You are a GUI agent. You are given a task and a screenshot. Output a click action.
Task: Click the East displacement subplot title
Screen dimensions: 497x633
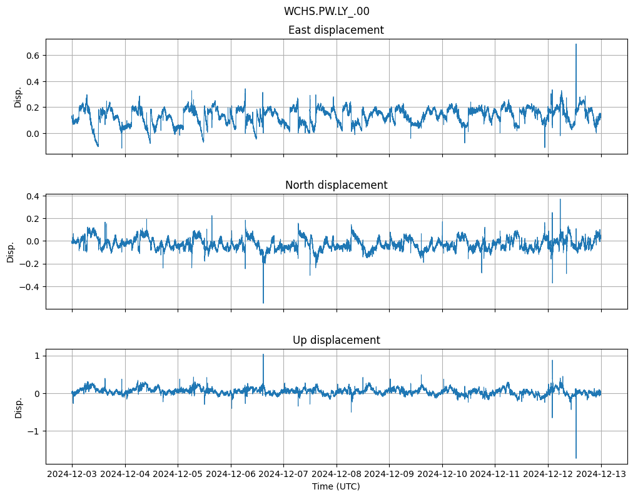click(336, 30)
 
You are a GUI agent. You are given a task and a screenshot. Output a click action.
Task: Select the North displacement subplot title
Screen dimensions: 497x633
click(336, 185)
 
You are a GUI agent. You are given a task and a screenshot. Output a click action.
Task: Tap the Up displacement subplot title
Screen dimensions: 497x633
click(336, 340)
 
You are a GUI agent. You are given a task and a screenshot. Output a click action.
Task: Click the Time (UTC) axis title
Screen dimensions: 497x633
click(336, 486)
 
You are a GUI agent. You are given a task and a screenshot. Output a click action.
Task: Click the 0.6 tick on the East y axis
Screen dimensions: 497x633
click(33, 56)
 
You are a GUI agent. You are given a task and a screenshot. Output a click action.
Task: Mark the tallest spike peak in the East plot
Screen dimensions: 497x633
click(576, 44)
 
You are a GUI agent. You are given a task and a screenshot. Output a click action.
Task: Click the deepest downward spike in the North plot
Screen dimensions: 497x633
click(263, 303)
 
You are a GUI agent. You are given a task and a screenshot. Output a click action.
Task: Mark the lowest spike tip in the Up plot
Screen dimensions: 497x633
click(576, 458)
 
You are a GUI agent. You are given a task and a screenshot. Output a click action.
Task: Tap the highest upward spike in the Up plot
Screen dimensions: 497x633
click(263, 354)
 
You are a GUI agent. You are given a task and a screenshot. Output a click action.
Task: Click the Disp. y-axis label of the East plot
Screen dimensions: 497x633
click(18, 97)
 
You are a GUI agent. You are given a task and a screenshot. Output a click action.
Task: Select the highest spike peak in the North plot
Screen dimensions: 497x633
click(560, 199)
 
